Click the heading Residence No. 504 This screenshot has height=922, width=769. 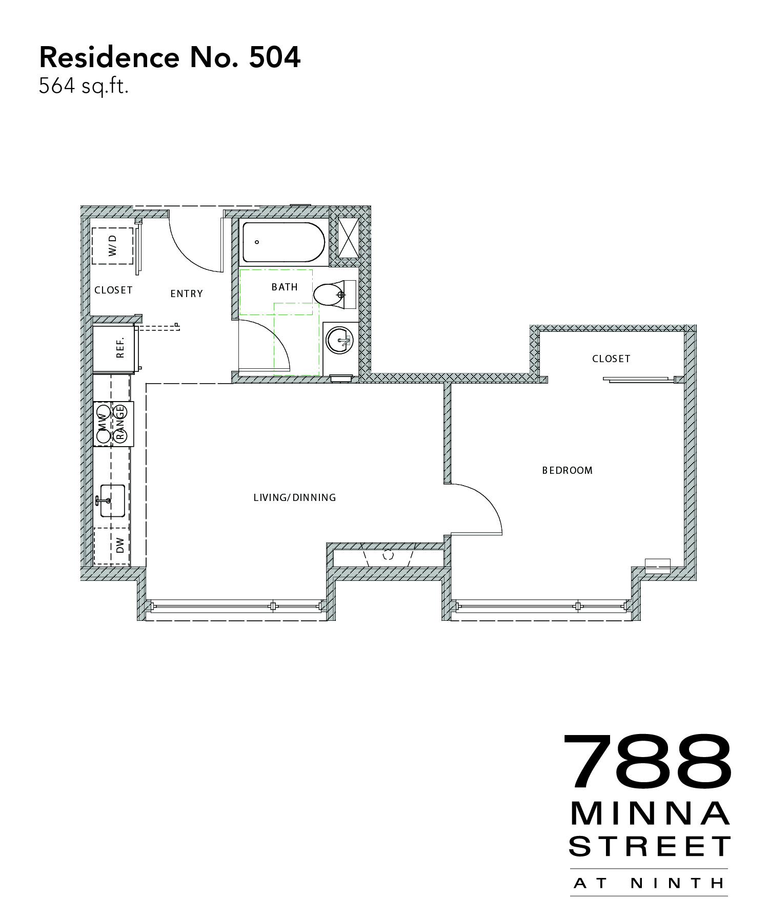point(170,57)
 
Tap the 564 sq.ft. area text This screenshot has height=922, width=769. point(84,86)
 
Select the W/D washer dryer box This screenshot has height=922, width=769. point(113,246)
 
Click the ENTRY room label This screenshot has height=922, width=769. point(187,294)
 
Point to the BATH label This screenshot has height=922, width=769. point(285,287)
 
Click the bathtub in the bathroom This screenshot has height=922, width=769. point(284,242)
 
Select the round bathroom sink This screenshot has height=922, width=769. point(340,340)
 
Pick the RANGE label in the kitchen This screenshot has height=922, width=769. point(121,424)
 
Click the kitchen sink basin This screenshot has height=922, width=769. point(112,500)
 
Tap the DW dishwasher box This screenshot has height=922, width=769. point(112,546)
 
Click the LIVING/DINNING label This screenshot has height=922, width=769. point(295,497)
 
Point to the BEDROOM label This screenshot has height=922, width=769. point(568,470)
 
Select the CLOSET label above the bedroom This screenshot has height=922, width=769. point(611,359)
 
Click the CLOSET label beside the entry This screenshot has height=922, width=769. point(113,290)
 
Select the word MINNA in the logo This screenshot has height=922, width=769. point(650,813)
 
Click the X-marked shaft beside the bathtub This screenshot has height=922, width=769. point(348,237)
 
